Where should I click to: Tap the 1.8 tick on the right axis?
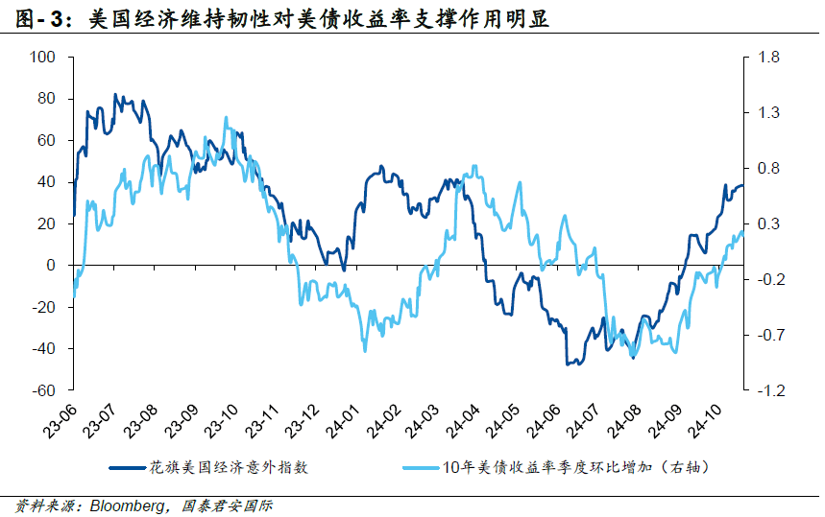coord(768,58)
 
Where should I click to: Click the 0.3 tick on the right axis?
coord(768,223)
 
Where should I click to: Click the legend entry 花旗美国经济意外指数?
coord(228,469)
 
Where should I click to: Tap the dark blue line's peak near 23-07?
coord(115,94)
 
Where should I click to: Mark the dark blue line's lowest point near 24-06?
coord(568,364)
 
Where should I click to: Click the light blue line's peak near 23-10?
coord(227,118)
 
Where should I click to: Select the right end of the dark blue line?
coord(742,185)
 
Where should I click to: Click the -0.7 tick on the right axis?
coord(768,335)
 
